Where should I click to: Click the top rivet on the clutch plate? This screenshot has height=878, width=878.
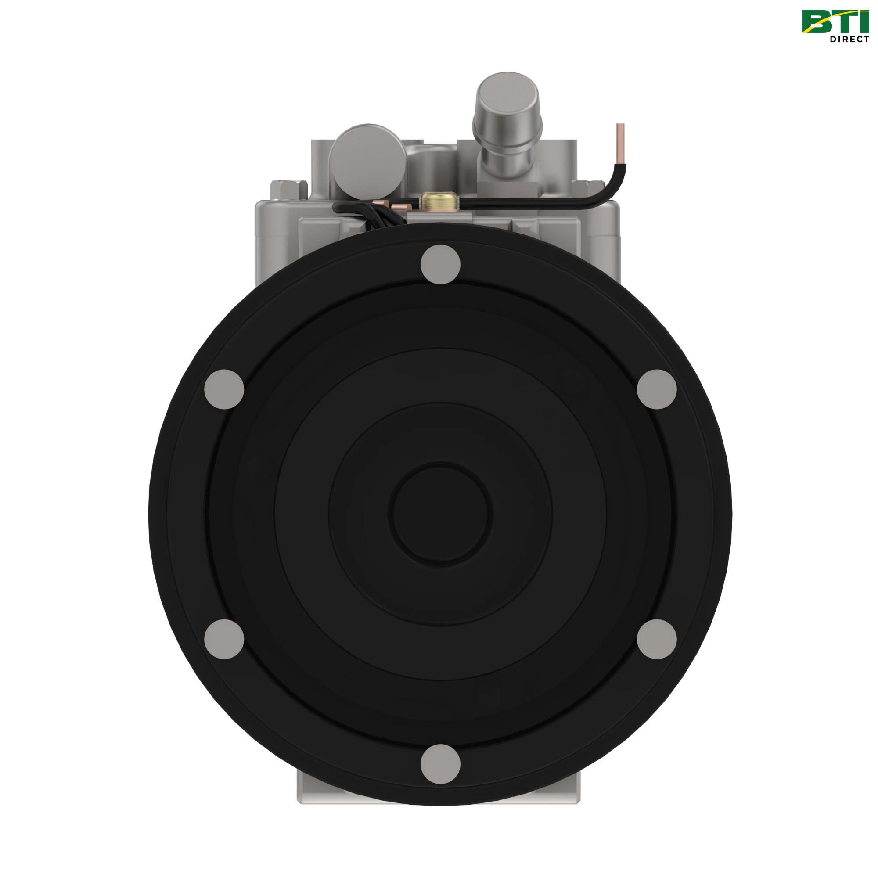(440, 264)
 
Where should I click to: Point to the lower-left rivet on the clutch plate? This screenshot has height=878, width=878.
(224, 639)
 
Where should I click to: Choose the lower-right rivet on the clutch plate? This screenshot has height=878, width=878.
(657, 639)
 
